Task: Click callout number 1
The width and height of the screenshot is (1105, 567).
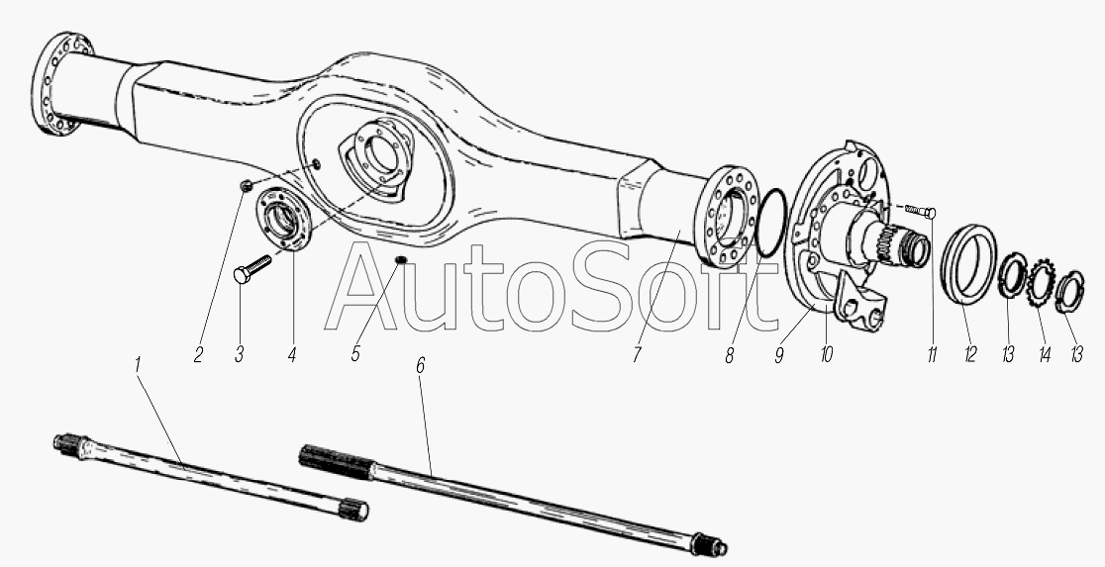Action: (x=138, y=365)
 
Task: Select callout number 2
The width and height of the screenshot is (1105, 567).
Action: (x=198, y=355)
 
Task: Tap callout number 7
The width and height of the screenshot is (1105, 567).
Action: (x=637, y=355)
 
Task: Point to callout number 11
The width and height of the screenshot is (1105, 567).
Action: (x=932, y=355)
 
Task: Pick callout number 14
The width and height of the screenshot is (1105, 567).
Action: (x=1045, y=355)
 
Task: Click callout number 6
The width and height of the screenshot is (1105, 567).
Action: (x=421, y=365)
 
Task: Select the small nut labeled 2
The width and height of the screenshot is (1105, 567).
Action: (x=246, y=186)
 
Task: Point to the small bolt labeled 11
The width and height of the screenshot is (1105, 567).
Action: (x=921, y=211)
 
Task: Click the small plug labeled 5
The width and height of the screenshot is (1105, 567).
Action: (x=400, y=261)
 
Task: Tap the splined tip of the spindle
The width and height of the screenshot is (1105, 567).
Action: (x=914, y=250)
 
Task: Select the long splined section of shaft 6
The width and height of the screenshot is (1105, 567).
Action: (x=336, y=462)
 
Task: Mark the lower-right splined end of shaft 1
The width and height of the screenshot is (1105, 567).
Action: (x=353, y=510)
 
